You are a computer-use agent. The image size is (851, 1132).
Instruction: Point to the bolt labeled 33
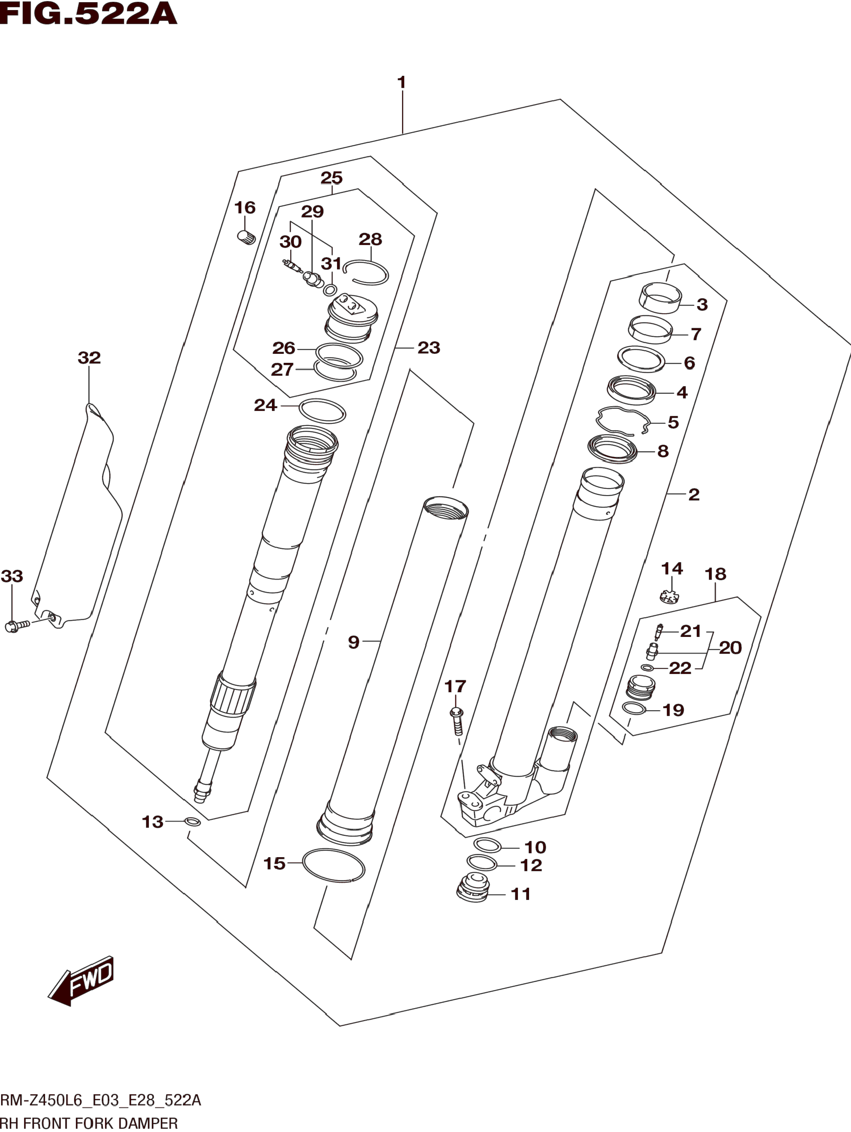(x=16, y=626)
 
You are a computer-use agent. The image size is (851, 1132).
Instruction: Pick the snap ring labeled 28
(x=366, y=272)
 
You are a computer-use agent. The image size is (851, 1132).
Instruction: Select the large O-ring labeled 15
(x=333, y=866)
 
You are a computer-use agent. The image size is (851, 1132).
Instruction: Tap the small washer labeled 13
(x=192, y=822)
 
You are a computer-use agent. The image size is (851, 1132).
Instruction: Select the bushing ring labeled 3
(x=661, y=297)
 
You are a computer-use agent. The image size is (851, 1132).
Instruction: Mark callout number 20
(x=730, y=648)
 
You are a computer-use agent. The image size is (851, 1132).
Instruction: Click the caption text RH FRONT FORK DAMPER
(x=90, y=1123)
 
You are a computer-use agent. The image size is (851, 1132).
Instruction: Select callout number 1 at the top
(x=402, y=82)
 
